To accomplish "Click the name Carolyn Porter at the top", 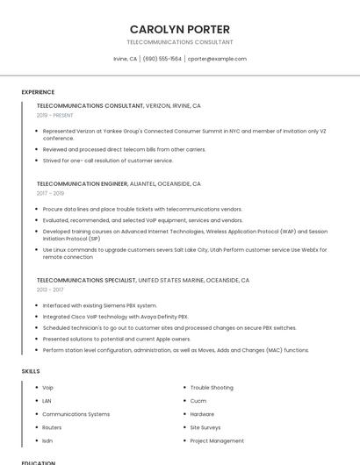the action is point(180,29).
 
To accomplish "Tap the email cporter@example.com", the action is point(217,59).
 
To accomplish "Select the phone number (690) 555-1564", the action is point(162,59).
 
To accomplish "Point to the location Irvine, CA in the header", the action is point(126,59).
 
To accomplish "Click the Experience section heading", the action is point(38,92).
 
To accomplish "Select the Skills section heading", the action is point(31,371).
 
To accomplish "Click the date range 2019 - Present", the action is point(55,115).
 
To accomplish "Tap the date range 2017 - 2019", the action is point(51,193).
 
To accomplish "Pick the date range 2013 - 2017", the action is point(50,289).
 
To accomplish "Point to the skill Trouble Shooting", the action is point(212,387).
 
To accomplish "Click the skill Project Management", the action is point(217,440).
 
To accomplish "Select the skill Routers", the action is point(52,427).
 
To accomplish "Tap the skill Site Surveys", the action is point(206,427).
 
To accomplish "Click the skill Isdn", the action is point(47,440).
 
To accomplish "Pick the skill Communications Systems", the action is point(76,414).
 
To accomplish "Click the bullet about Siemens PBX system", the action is point(94,304).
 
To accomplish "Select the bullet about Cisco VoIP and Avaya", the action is point(115,316).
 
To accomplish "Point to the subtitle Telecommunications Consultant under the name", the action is point(180,42).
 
